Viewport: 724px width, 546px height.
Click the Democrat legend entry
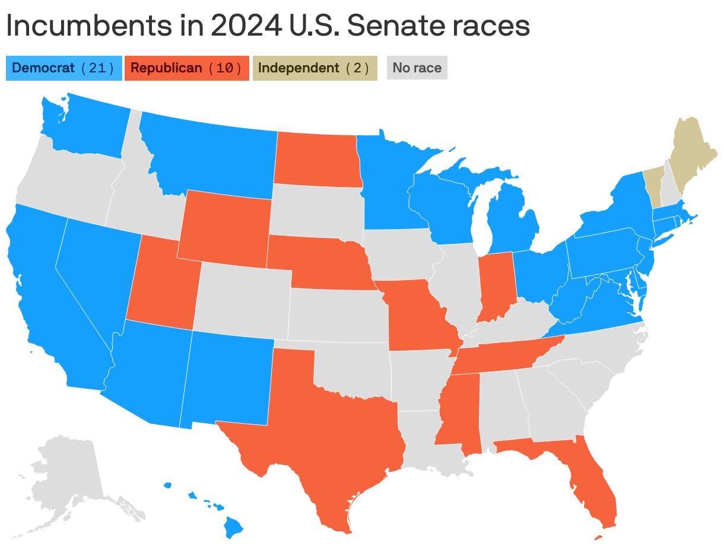(x=63, y=68)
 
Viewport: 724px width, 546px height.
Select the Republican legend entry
(x=186, y=68)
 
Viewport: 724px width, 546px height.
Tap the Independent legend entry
(x=315, y=68)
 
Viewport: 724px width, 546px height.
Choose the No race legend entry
(x=417, y=68)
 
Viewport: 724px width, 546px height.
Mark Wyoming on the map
(x=224, y=228)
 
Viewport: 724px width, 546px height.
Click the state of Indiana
(x=497, y=285)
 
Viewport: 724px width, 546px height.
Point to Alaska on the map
(x=65, y=481)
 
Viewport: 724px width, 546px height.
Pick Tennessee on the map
(x=504, y=356)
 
